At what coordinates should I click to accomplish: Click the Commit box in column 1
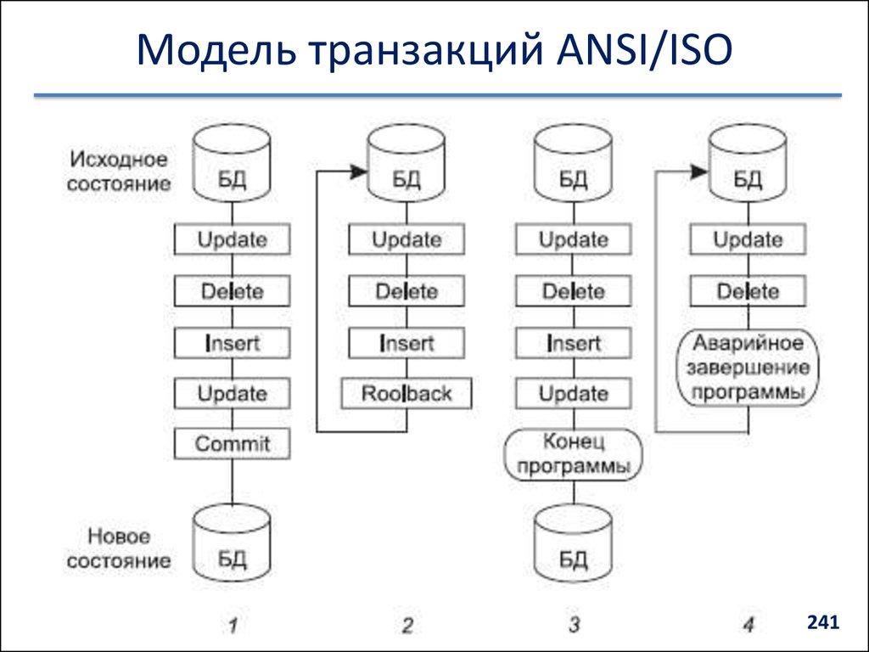click(x=232, y=444)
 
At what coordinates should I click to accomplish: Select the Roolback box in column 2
click(x=406, y=394)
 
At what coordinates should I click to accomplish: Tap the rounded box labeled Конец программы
click(x=573, y=455)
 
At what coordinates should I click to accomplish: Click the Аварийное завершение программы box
click(x=748, y=368)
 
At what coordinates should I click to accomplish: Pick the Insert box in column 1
click(x=232, y=343)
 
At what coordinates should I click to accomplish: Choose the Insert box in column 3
click(x=574, y=343)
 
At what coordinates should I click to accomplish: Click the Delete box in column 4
click(x=748, y=292)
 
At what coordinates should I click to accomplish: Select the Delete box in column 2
click(x=406, y=292)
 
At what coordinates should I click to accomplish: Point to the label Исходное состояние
click(x=119, y=171)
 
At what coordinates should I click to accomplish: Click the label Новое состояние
click(x=119, y=548)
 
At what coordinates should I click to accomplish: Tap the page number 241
click(x=822, y=622)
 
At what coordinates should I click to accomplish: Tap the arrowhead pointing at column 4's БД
click(x=699, y=171)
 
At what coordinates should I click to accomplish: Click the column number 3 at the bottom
click(x=574, y=626)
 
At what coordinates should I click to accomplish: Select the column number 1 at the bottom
click(x=233, y=626)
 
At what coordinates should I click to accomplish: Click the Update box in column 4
click(x=748, y=240)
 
